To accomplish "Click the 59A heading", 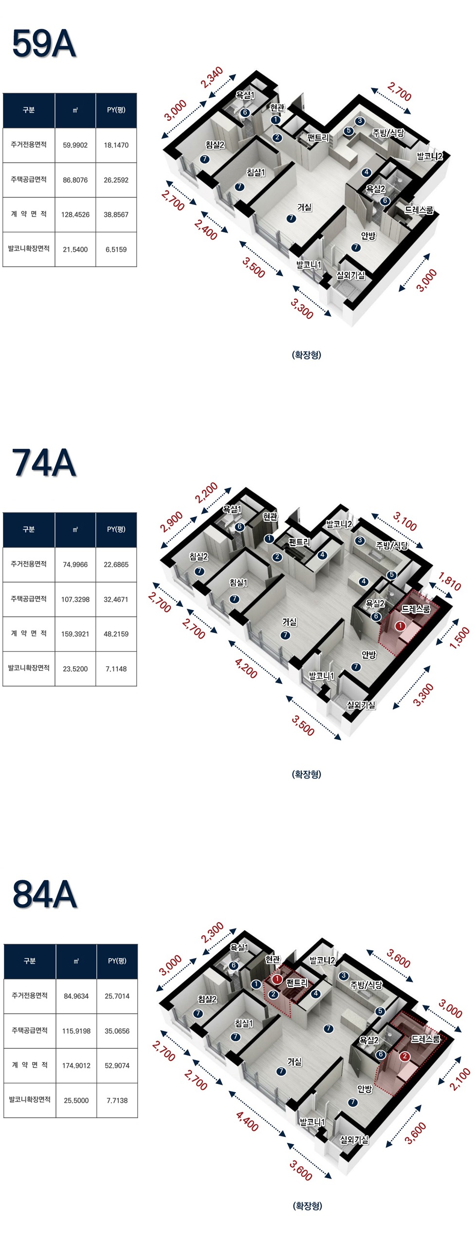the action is (44, 44).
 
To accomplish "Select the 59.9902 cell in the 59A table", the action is (75, 145).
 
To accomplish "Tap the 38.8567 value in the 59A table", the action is (116, 214).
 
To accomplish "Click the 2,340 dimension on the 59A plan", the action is (212, 77).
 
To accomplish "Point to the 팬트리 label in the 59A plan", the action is (318, 138).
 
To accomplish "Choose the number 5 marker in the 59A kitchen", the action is (348, 131).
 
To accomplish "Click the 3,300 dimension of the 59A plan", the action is (302, 309).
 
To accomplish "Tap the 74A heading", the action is (44, 463).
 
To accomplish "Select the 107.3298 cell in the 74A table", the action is (75, 599).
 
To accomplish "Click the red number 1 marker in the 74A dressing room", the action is (400, 626).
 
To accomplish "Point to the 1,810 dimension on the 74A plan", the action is (449, 581).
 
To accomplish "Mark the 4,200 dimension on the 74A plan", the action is (246, 668).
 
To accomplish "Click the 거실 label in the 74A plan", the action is (290, 622).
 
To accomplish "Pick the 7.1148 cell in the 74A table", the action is (116, 669).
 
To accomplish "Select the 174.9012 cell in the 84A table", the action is (76, 1065).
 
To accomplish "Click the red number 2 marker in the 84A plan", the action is (404, 1057).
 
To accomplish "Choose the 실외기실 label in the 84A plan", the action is (354, 1139).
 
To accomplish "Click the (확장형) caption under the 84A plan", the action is (307, 1206).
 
